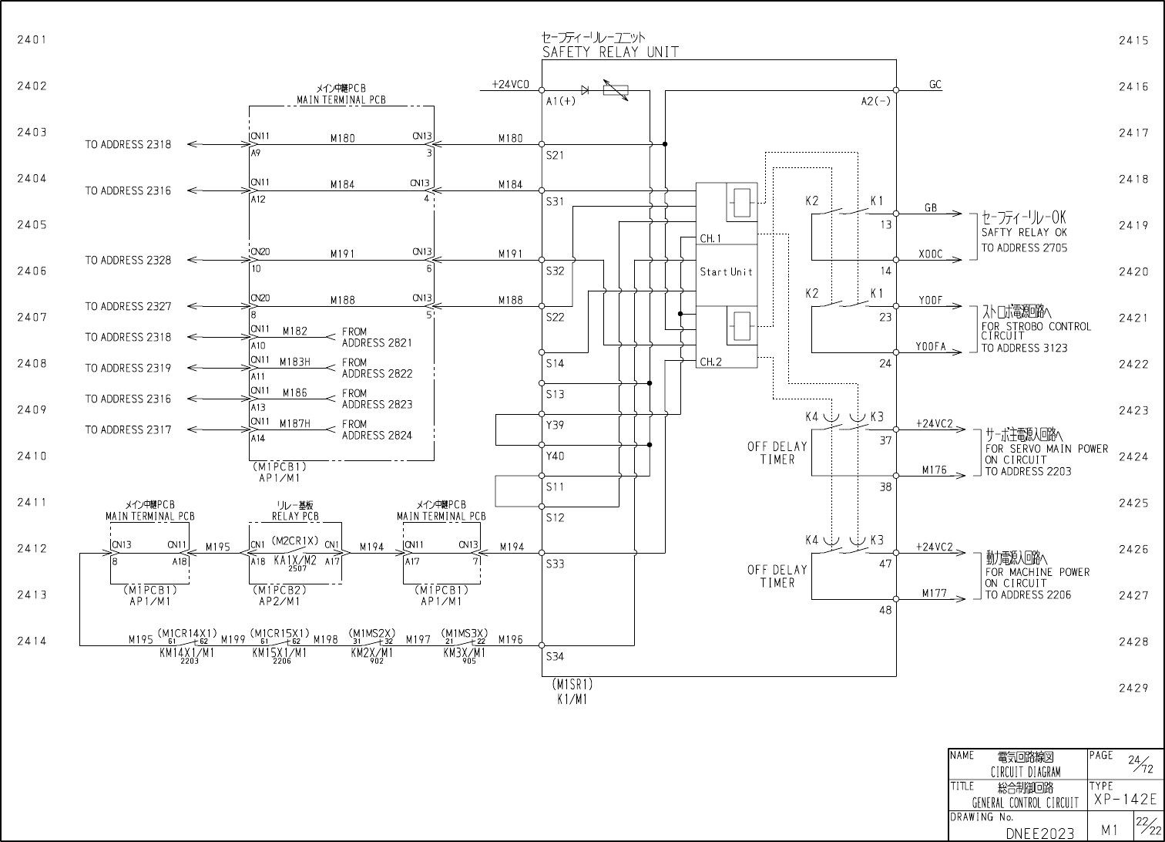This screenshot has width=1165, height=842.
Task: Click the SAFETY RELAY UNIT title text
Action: click(x=610, y=52)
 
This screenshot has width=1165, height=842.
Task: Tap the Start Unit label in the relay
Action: click(x=726, y=271)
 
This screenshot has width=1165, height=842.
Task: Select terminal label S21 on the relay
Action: click(x=555, y=155)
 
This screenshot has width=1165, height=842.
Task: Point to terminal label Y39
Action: click(x=555, y=425)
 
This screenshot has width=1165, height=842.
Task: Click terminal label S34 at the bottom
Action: click(x=555, y=657)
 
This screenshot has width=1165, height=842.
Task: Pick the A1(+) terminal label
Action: click(x=560, y=101)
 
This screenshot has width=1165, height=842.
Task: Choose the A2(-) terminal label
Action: click(x=875, y=101)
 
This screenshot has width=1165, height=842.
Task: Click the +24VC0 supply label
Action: click(x=511, y=85)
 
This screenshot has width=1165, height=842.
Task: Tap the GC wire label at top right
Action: click(x=935, y=85)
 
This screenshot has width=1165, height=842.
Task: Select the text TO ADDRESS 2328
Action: click(x=128, y=261)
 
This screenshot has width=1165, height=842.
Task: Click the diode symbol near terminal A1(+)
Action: click(x=585, y=90)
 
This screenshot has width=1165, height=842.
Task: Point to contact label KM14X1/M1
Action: click(x=186, y=652)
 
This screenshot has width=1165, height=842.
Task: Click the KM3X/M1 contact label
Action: click(x=465, y=652)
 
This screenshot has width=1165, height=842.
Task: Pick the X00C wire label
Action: click(x=930, y=254)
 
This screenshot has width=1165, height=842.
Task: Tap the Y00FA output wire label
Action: click(x=930, y=347)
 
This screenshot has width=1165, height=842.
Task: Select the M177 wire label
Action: click(x=934, y=594)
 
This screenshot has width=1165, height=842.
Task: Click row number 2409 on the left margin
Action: click(x=32, y=410)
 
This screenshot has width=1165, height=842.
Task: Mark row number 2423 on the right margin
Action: click(x=1133, y=411)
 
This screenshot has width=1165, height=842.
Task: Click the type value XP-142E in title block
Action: click(x=1125, y=800)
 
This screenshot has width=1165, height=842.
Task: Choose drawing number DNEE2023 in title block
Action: click(x=1039, y=833)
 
